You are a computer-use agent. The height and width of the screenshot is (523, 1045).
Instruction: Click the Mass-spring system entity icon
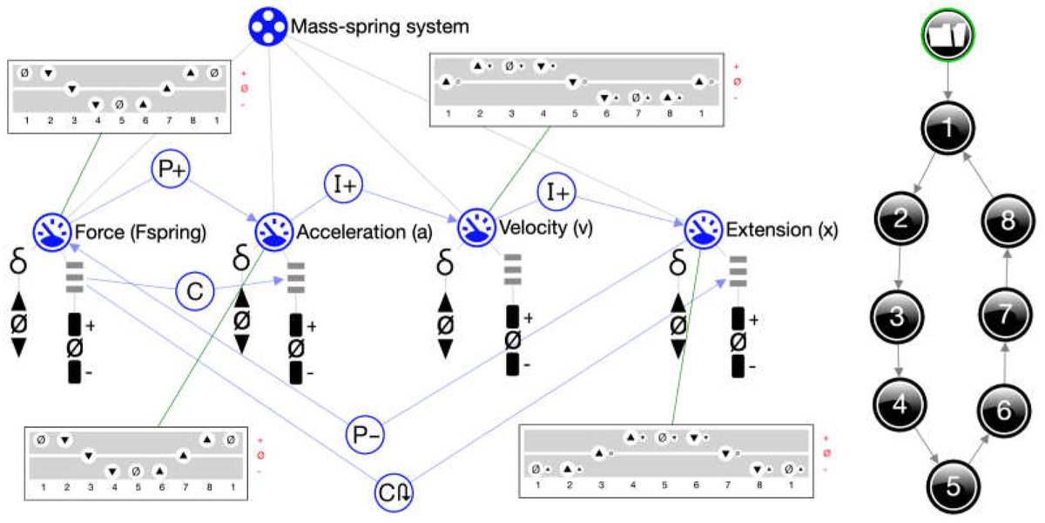coord(268,27)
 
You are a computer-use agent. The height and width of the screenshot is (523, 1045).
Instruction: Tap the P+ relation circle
coord(170,170)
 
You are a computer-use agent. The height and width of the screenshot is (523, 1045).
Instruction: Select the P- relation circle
coord(364,433)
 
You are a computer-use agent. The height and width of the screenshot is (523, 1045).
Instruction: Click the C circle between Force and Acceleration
coord(195,290)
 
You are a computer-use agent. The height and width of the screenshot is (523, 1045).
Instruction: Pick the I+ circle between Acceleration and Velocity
coord(343,183)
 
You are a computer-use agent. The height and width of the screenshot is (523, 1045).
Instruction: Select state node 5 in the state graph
coord(953,487)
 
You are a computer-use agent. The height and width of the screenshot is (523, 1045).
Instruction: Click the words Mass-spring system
coord(381,26)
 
